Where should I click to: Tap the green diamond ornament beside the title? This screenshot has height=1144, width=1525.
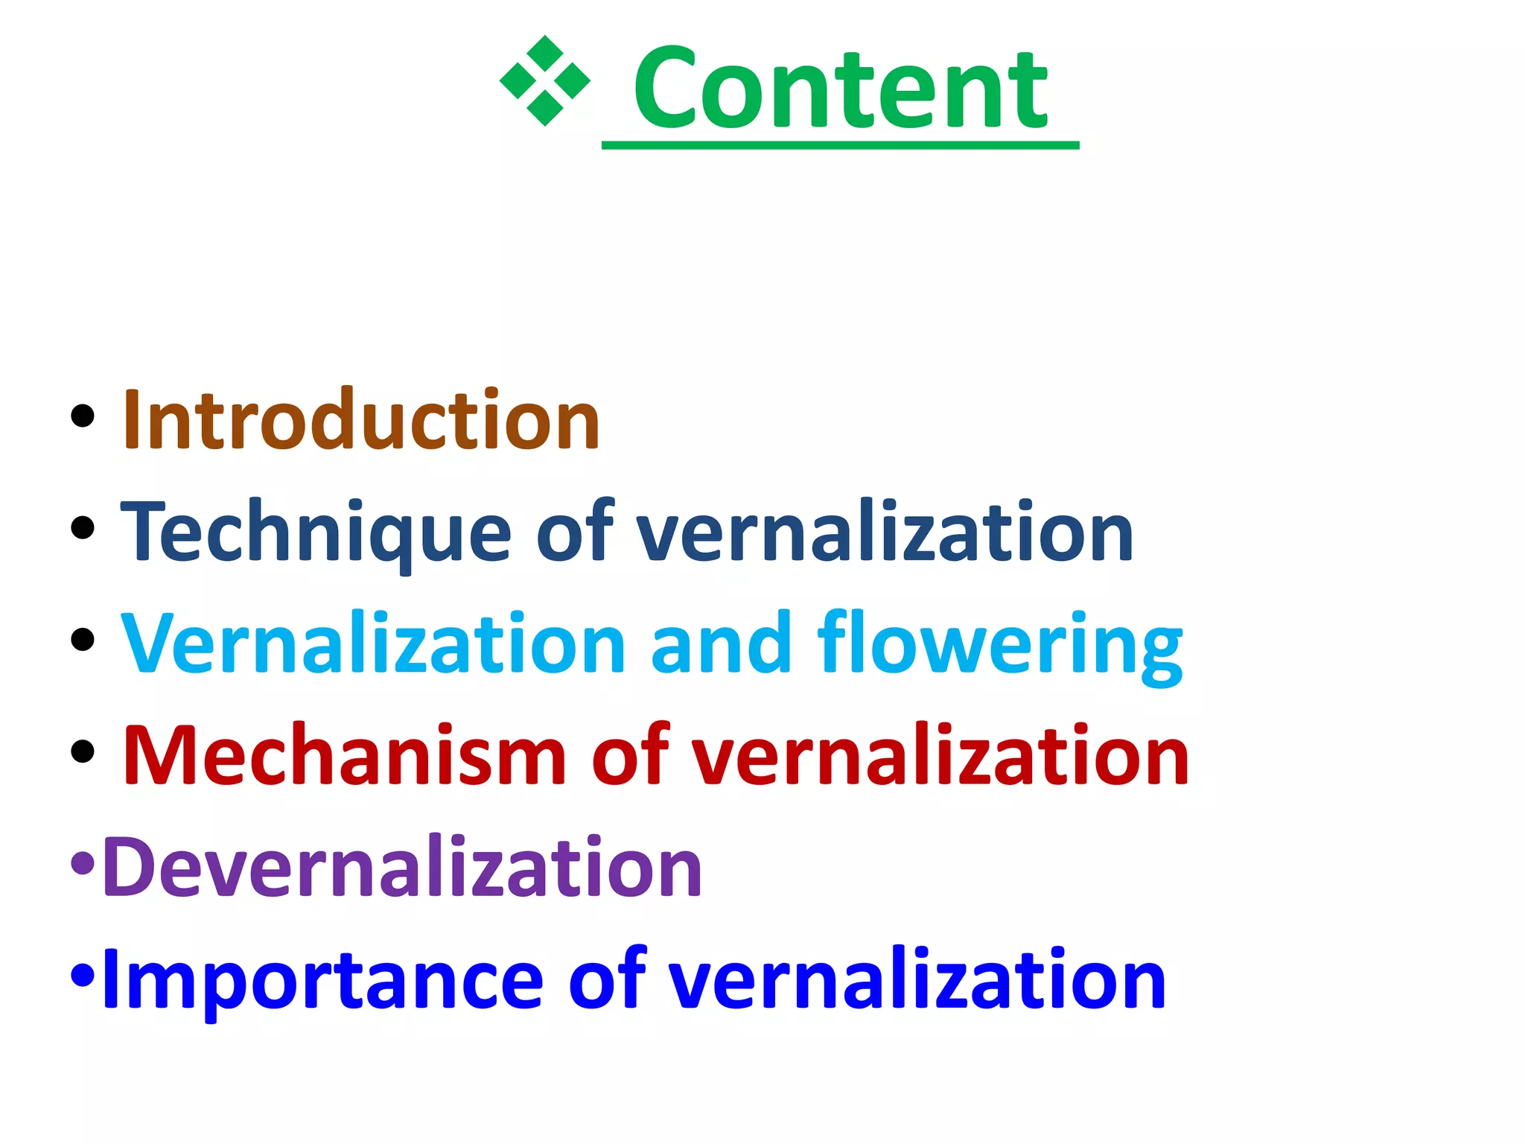click(544, 80)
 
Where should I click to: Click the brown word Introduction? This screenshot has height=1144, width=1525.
click(361, 420)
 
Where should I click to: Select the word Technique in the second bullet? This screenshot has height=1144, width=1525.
click(316, 532)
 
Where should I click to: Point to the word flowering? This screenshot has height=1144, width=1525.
click(999, 643)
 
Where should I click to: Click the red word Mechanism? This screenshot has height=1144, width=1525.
click(344, 755)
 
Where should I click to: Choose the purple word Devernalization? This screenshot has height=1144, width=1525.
click(402, 867)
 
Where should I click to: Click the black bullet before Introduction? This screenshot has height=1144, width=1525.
click(83, 416)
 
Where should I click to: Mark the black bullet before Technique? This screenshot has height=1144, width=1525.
click(83, 528)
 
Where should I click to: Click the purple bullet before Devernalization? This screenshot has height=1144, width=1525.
click(83, 863)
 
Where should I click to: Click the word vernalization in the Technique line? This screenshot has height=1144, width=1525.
click(885, 532)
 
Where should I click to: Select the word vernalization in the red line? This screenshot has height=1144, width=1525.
click(940, 755)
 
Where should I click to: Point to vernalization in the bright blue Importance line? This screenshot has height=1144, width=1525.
click(917, 979)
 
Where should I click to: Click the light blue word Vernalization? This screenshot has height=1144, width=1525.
click(373, 643)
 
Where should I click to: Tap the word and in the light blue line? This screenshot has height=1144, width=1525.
click(720, 643)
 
